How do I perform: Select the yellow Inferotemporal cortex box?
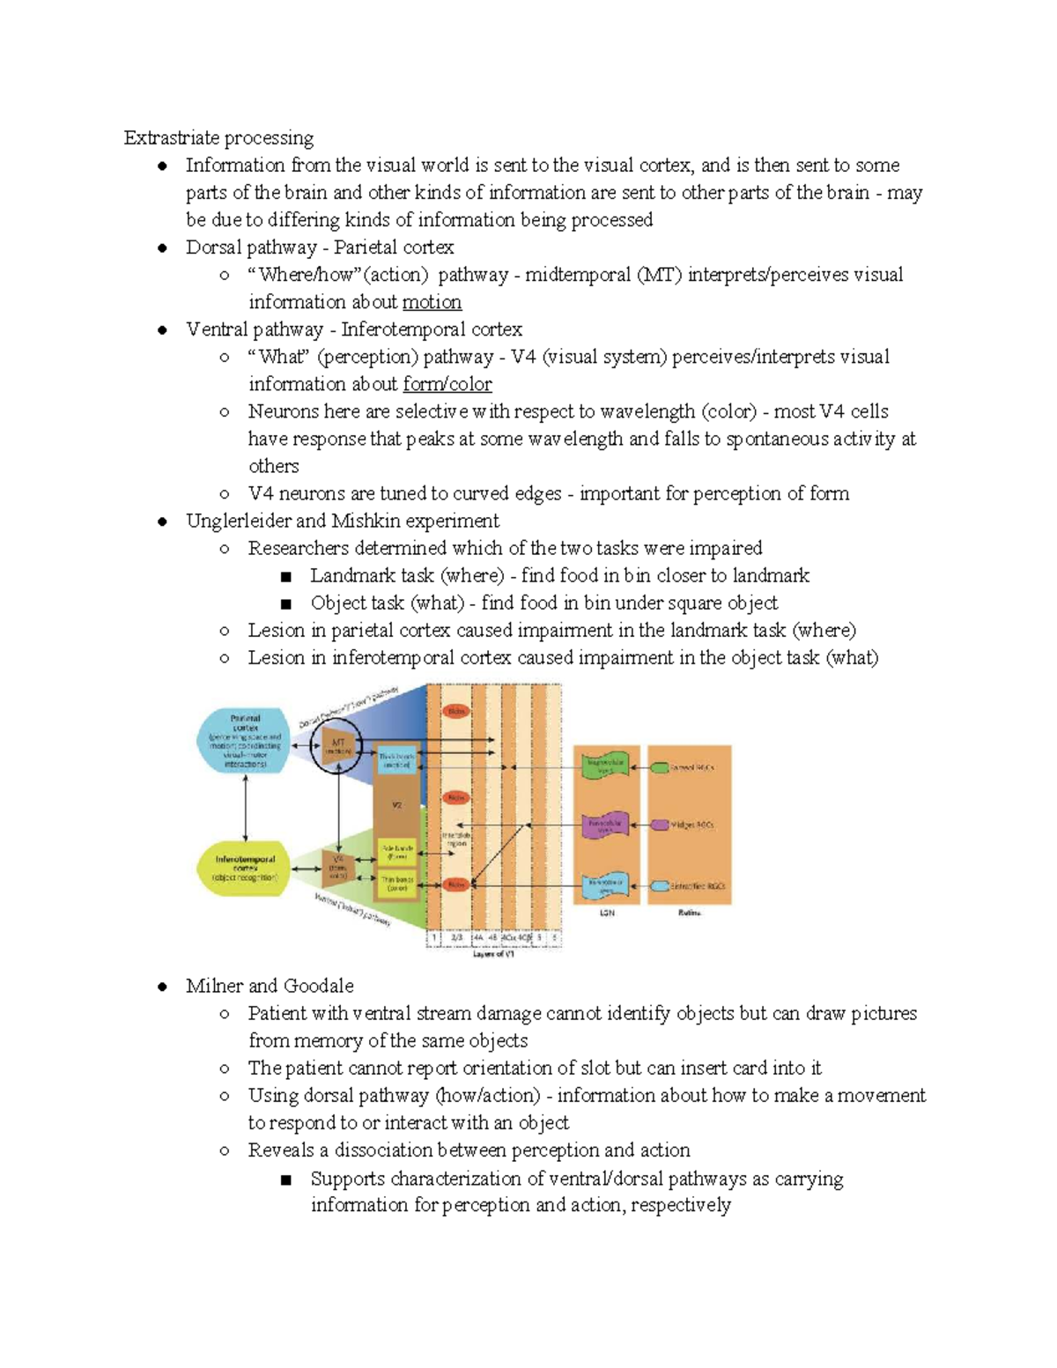click(x=245, y=867)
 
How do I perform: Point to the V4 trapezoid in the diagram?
click(x=337, y=867)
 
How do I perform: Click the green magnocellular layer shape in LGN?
click(x=605, y=765)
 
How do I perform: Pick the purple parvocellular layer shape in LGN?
click(x=605, y=825)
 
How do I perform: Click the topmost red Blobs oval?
click(x=456, y=711)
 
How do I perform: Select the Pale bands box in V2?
click(x=397, y=852)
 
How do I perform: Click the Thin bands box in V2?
click(x=397, y=884)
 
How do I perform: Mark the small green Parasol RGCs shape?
click(x=659, y=767)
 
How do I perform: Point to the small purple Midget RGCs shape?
click(x=659, y=825)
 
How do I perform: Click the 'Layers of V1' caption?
click(x=494, y=953)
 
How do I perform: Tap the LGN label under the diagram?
click(x=606, y=913)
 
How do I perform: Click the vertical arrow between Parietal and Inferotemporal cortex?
click(x=246, y=808)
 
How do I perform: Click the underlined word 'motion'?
click(x=432, y=302)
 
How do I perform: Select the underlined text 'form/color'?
click(x=447, y=384)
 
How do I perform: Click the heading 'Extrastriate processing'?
click(x=218, y=137)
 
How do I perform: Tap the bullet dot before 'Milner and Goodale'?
click(x=162, y=987)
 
